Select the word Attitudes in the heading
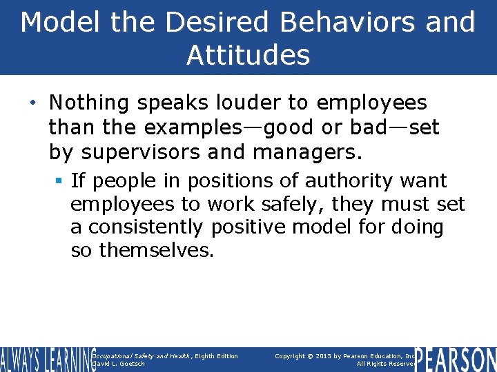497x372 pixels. click(x=248, y=55)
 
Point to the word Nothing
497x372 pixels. click(x=89, y=103)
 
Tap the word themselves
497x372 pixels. click(x=157, y=251)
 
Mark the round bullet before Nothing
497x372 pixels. click(x=35, y=104)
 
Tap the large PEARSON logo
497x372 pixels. click(x=456, y=360)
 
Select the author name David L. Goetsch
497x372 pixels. click(x=118, y=364)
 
